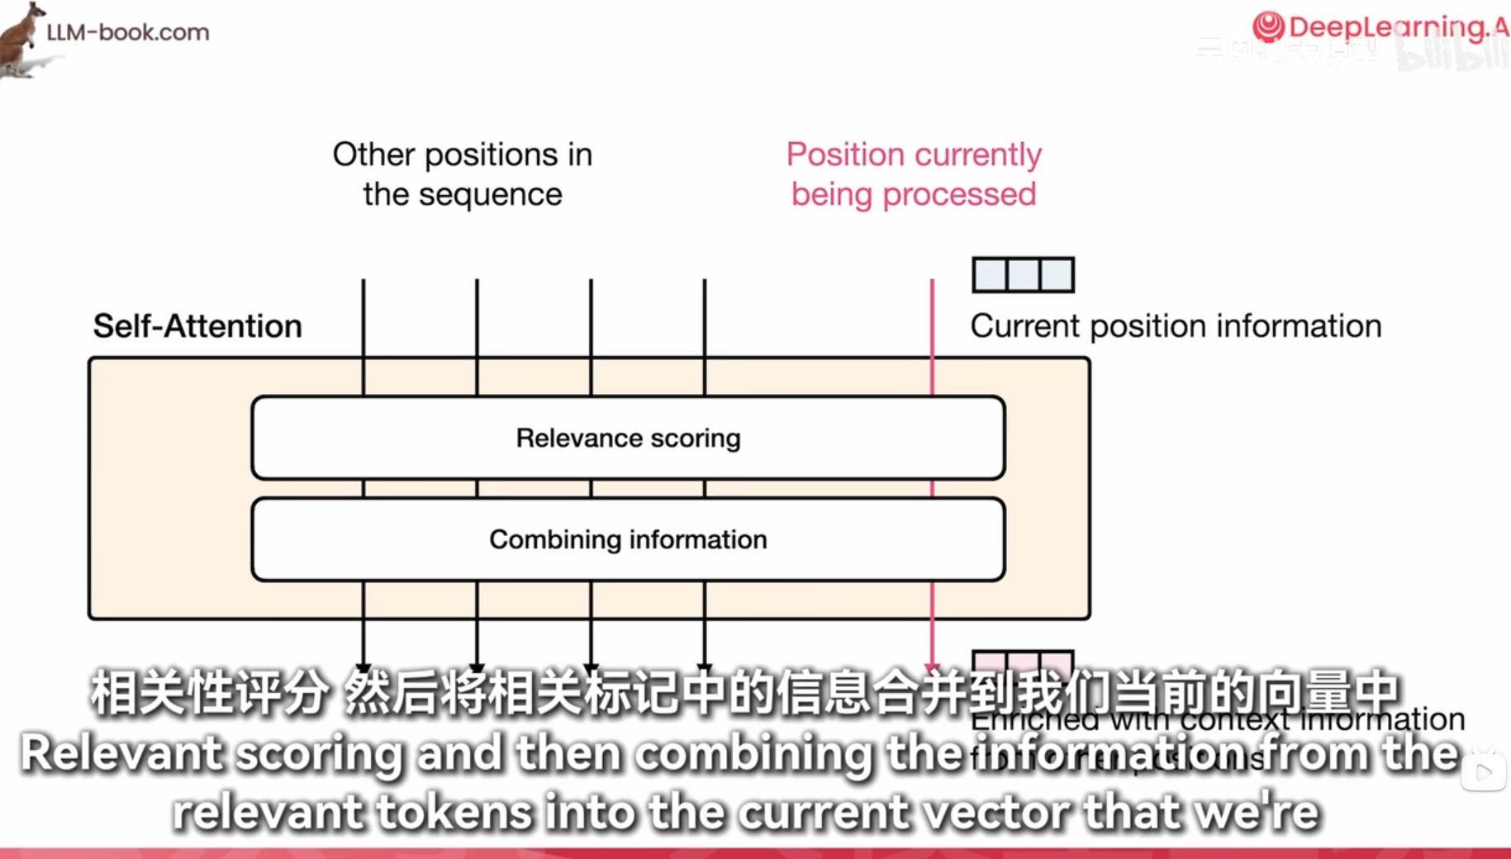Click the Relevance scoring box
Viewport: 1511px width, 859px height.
point(628,438)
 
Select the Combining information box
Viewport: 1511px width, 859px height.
point(628,539)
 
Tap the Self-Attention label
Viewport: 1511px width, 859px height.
point(197,326)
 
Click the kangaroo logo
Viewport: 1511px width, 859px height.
point(22,39)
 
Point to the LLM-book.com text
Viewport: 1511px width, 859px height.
point(128,32)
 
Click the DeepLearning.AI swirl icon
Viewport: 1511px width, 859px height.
point(1268,26)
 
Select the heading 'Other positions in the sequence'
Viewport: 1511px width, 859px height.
point(463,174)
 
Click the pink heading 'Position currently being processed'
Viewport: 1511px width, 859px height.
point(914,174)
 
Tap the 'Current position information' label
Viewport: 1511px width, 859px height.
point(1176,326)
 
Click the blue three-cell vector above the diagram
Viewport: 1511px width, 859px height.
point(1023,275)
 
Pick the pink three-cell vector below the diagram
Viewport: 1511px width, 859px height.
point(1023,662)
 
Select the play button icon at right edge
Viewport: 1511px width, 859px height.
point(1484,772)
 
